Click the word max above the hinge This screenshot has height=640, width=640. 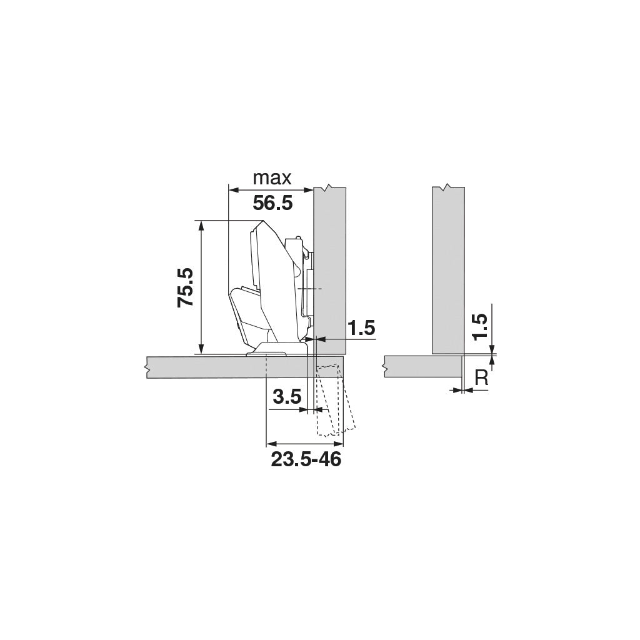272,178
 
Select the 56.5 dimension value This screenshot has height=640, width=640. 272,203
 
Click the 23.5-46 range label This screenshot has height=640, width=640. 306,460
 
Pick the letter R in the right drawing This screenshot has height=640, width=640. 482,377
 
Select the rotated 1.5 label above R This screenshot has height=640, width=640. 480,327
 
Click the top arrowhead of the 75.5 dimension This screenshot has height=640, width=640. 201,225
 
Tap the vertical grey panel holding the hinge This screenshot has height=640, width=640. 330,262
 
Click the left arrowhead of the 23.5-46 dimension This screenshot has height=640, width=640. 271,444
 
